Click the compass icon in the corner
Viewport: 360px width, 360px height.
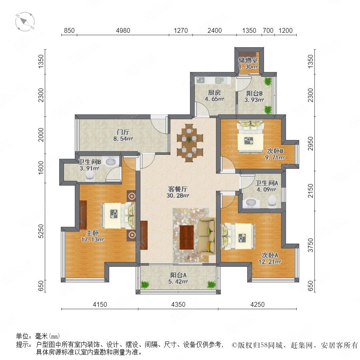25,22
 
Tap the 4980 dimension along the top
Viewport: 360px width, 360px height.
123,30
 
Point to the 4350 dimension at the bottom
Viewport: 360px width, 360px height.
178,304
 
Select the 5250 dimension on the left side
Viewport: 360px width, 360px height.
41,231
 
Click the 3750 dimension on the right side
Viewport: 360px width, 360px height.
310,245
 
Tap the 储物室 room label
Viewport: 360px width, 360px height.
248,60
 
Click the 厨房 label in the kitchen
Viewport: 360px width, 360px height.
214,92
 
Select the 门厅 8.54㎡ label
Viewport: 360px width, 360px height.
123,135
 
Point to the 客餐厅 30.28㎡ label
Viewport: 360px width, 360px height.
178,192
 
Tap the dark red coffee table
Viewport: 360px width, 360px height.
186,237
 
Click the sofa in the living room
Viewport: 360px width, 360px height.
207,236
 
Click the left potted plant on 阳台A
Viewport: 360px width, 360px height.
145,285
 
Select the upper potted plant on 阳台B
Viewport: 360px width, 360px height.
268,81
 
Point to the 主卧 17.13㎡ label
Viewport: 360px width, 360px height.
92,236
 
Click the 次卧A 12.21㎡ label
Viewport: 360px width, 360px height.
270,258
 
